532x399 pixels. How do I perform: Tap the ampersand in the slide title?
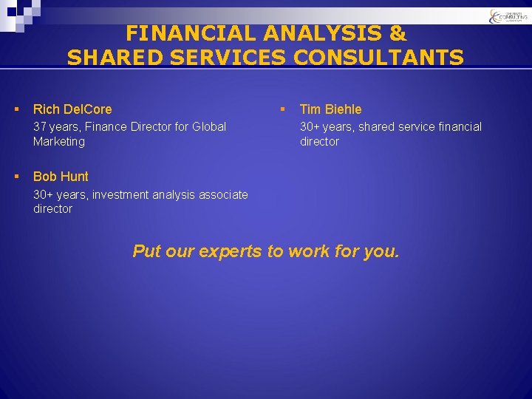[x=398, y=33]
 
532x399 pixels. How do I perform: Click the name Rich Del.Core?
[x=72, y=109]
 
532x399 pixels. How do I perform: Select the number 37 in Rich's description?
[x=40, y=126]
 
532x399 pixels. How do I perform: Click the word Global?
[x=209, y=126]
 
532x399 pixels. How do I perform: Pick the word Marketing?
[x=59, y=141]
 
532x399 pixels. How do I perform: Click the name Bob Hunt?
[x=61, y=177]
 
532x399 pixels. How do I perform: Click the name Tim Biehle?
[x=330, y=109]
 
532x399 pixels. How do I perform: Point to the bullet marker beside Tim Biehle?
[x=282, y=109]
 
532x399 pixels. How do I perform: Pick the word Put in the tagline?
[x=146, y=251]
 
